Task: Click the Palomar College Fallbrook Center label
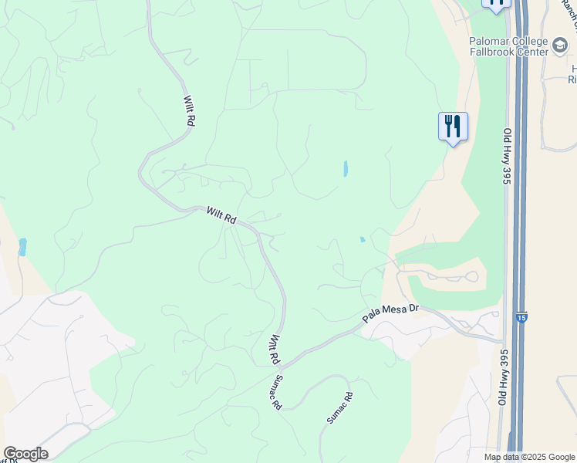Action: click(507, 46)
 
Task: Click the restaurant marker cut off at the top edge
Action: click(496, 4)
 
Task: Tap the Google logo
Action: click(25, 454)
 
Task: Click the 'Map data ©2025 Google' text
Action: click(528, 457)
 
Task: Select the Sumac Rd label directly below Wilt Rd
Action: click(275, 393)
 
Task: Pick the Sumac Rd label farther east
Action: click(339, 407)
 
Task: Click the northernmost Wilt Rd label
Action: click(189, 110)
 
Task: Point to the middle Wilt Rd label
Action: click(221, 215)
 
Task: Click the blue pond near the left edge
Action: click(22, 247)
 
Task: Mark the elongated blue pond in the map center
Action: click(345, 168)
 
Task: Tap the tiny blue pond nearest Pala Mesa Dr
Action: click(362, 239)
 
